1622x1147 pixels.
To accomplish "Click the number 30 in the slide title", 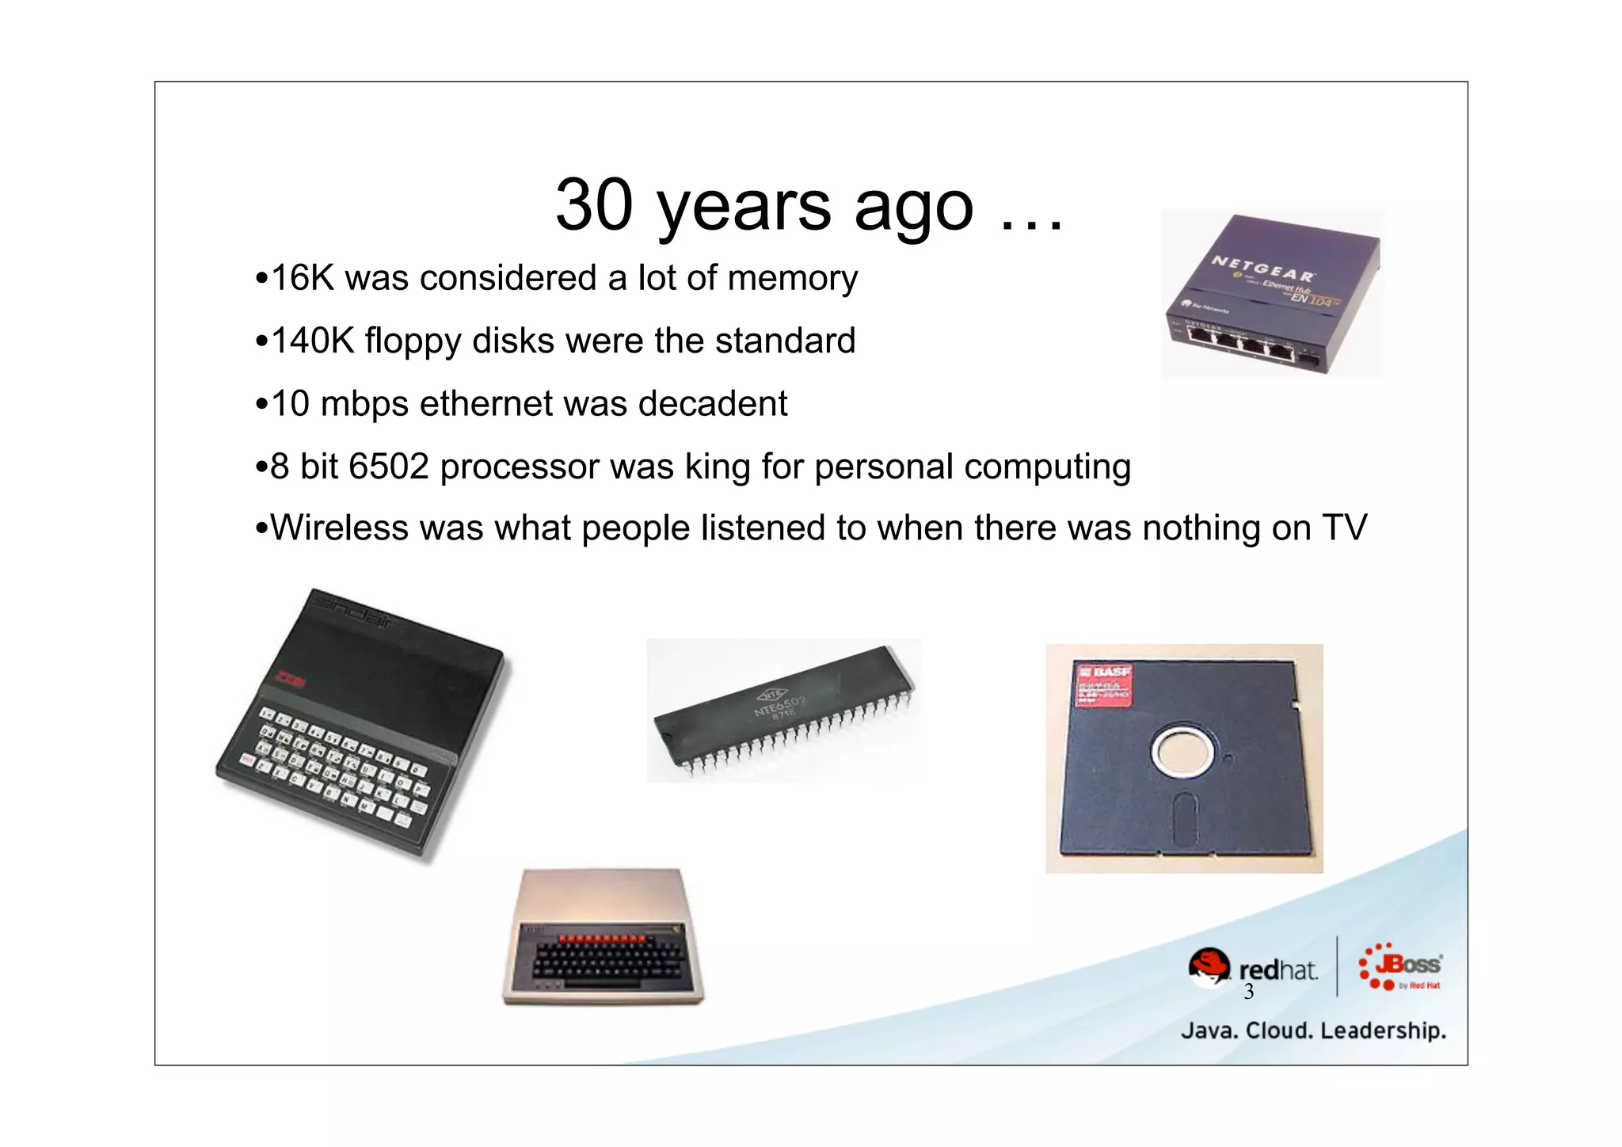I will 595,204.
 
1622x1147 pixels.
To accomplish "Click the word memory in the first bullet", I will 792,279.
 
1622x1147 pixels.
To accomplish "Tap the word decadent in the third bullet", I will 713,404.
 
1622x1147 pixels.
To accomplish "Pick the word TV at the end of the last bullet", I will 1344,528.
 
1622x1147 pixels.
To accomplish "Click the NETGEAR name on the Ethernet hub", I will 1262,268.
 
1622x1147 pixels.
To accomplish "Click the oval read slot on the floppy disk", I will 1184,818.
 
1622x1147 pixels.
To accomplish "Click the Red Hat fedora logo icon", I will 1209,967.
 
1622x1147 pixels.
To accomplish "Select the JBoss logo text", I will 1408,965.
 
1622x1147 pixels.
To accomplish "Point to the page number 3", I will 1248,992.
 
